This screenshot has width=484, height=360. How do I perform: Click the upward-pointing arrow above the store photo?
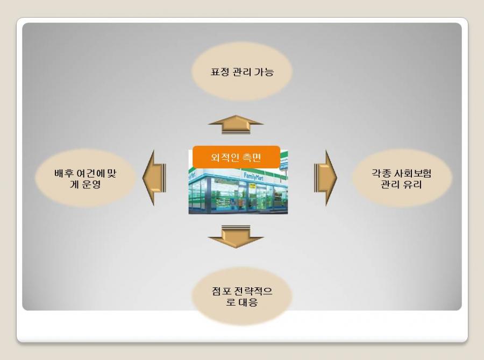[236, 125]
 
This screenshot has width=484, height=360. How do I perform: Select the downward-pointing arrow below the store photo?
[236, 236]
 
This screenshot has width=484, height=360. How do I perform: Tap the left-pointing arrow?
[154, 178]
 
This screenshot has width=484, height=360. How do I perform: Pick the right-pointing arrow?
[325, 178]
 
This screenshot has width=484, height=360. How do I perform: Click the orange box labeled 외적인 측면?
[237, 157]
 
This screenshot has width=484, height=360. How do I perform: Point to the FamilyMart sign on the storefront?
[253, 177]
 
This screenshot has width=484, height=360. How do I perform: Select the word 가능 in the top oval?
[264, 72]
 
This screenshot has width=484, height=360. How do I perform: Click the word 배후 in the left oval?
[64, 173]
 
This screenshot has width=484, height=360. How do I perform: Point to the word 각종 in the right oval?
[381, 173]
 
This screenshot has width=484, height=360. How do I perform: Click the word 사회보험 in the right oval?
[412, 173]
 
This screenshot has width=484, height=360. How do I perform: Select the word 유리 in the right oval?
[412, 185]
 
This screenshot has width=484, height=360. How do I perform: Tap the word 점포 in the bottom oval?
[222, 291]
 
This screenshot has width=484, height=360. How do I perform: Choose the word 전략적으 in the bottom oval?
[253, 291]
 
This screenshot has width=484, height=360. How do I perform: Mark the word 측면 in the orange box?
[252, 158]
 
